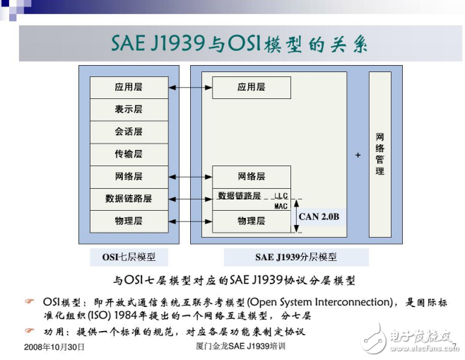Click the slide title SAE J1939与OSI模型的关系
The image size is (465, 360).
(240, 42)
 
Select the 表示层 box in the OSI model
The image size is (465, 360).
(129, 109)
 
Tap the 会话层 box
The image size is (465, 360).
(129, 132)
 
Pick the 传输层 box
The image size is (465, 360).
(129, 153)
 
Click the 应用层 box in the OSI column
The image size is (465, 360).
(129, 87)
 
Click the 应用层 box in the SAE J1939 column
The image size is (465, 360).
(251, 87)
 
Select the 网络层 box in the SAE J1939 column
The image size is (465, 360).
(251, 176)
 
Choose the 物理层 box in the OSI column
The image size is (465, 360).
(129, 221)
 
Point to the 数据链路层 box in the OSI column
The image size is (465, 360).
(129, 199)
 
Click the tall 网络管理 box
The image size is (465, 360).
(379, 153)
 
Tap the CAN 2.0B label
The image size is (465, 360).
(319, 216)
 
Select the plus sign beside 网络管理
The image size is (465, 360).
(358, 154)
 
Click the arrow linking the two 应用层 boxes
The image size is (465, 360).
(190, 87)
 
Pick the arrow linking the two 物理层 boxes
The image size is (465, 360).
(190, 221)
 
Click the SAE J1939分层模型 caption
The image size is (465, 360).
(296, 257)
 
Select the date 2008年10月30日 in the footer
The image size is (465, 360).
(54, 347)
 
